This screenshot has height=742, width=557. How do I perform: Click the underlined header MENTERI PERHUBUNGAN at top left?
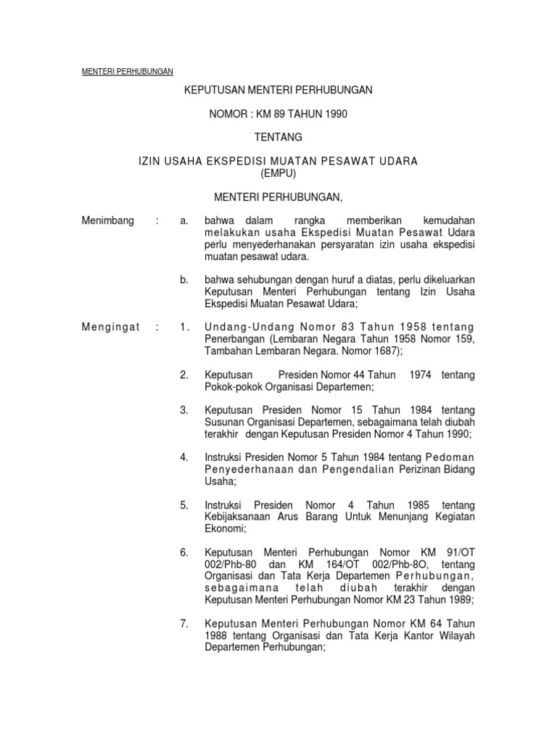coord(125,71)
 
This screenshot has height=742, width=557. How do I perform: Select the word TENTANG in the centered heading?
coord(278,137)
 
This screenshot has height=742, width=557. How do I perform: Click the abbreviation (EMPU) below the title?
coord(278,173)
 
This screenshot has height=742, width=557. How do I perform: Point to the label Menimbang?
coord(108,220)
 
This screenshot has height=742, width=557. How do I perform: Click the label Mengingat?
coord(110,327)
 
